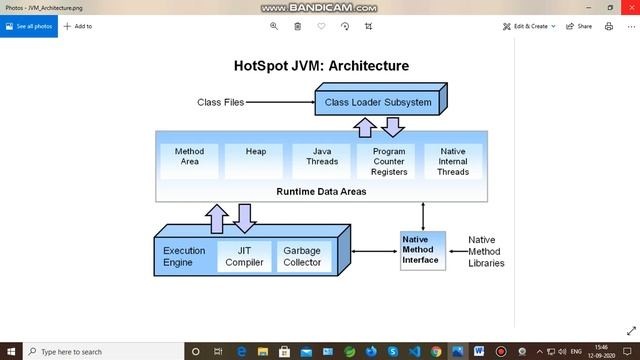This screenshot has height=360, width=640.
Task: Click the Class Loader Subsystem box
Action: tap(378, 102)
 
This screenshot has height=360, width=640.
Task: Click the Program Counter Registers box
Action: tap(388, 161)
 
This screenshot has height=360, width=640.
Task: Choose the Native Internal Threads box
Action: tap(452, 161)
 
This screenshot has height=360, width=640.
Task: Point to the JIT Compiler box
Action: tap(244, 256)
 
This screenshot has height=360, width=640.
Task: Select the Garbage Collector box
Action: tap(302, 256)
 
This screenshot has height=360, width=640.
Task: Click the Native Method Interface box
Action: tap(421, 250)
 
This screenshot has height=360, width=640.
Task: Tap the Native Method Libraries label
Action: tap(486, 251)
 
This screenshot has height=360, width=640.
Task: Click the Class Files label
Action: tap(220, 102)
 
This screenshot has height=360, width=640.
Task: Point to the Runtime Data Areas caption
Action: tap(319, 190)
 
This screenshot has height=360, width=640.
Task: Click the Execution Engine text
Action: tap(184, 256)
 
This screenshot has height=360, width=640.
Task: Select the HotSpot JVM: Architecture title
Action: tap(321, 66)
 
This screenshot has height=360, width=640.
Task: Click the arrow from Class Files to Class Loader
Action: tap(280, 102)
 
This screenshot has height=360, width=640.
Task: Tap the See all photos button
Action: tap(31, 26)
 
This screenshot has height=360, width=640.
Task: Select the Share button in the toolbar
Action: tap(579, 26)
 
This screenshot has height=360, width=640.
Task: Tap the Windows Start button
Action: tap(9, 352)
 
